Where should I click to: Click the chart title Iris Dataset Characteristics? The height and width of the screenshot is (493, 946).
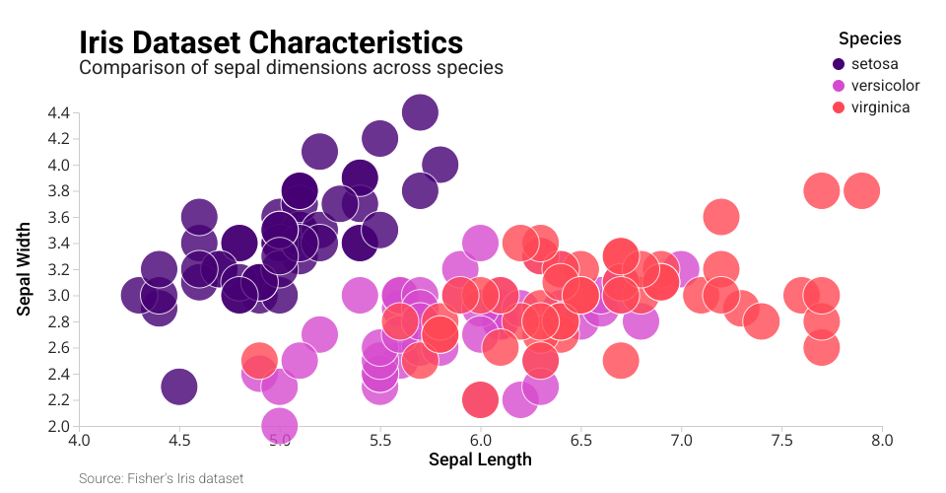tap(270, 42)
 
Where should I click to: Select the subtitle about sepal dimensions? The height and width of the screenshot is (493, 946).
tap(291, 68)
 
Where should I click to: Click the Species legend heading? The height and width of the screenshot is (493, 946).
tap(870, 39)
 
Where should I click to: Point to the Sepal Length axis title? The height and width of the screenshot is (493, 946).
tap(480, 459)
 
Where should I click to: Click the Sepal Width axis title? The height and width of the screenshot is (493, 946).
tap(26, 269)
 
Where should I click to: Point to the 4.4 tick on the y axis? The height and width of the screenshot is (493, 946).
tap(58, 112)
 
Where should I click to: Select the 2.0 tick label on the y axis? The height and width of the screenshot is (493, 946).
tap(58, 426)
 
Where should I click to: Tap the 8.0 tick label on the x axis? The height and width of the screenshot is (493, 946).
tap(882, 440)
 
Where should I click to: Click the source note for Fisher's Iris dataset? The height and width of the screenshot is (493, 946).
tap(161, 478)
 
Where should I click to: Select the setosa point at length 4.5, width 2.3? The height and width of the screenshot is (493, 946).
tap(178, 387)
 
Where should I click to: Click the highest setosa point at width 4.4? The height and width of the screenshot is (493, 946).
tap(420, 112)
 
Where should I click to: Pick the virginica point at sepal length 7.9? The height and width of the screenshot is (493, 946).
tap(861, 190)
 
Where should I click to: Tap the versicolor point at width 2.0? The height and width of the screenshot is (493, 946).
tap(280, 425)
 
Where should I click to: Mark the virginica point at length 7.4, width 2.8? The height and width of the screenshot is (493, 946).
tap(761, 320)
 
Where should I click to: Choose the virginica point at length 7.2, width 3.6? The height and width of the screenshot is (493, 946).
tap(721, 217)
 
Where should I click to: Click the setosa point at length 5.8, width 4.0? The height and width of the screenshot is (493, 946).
tap(439, 165)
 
